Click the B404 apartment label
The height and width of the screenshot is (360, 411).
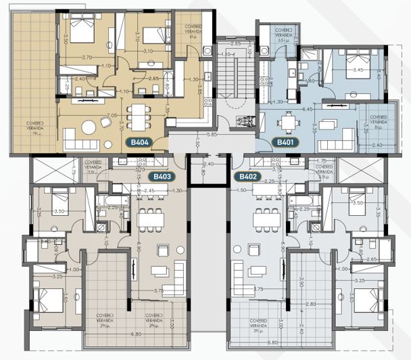pyautogui.click(x=139, y=143)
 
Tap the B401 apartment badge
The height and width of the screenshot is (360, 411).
pyautogui.click(x=283, y=143)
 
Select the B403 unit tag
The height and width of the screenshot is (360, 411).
pyautogui.click(x=162, y=177)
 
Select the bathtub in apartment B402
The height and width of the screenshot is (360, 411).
pyautogui.click(x=299, y=201)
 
